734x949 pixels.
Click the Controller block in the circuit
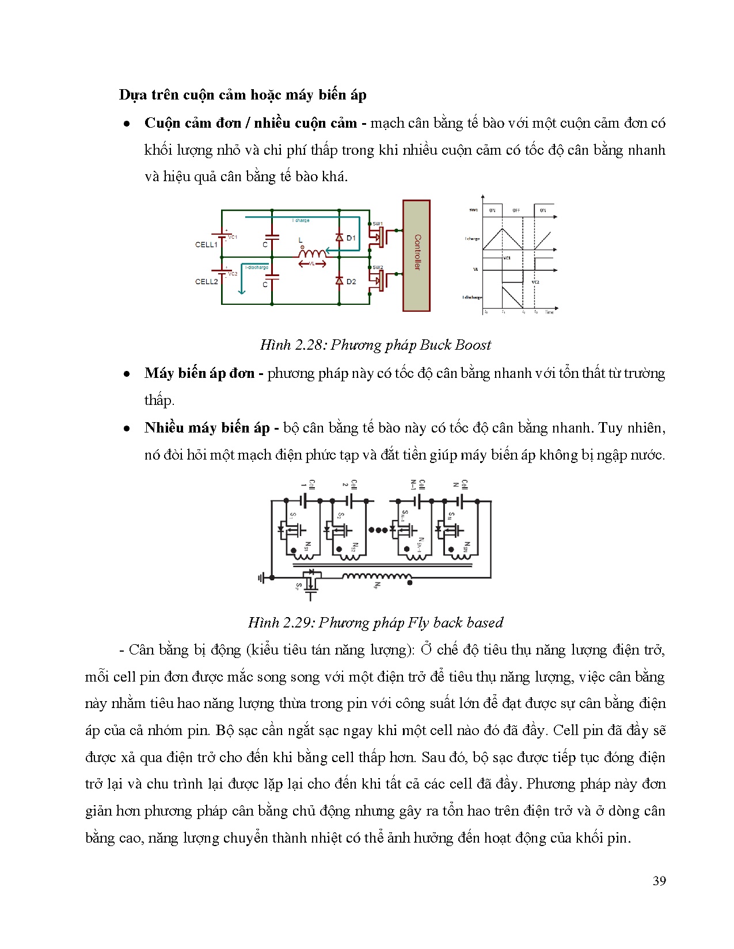coord(416,255)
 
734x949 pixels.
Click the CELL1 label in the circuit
coord(206,244)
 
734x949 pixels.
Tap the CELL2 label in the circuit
coord(206,282)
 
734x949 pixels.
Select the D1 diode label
coord(351,238)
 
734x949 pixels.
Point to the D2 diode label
coord(351,281)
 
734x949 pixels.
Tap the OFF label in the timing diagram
coord(516,211)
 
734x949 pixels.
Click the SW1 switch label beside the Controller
coord(377,223)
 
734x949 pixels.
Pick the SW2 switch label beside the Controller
coord(377,267)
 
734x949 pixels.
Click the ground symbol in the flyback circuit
coord(262,577)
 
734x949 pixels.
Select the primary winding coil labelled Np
coord(377,577)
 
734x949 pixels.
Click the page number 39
coord(659,881)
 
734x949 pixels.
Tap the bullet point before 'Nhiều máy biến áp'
coord(127,429)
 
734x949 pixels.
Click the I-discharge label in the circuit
coord(257,267)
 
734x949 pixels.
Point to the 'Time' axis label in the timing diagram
coord(549,312)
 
